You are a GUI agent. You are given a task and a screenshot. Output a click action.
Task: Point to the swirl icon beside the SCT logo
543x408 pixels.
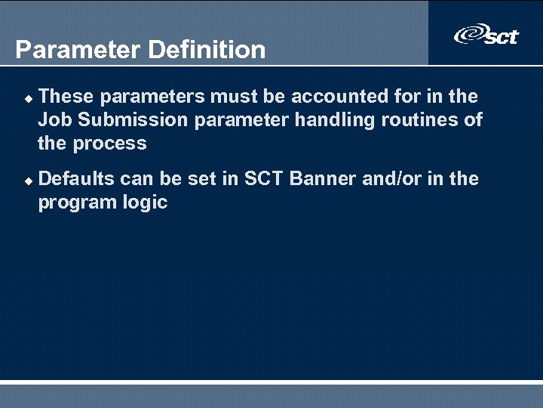tap(468, 35)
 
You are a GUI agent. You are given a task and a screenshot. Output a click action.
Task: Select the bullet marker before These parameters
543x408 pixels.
tap(28, 98)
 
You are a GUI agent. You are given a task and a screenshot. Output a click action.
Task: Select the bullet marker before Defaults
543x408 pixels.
tap(28, 181)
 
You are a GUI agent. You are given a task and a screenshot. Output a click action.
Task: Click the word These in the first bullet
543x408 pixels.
tap(66, 96)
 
